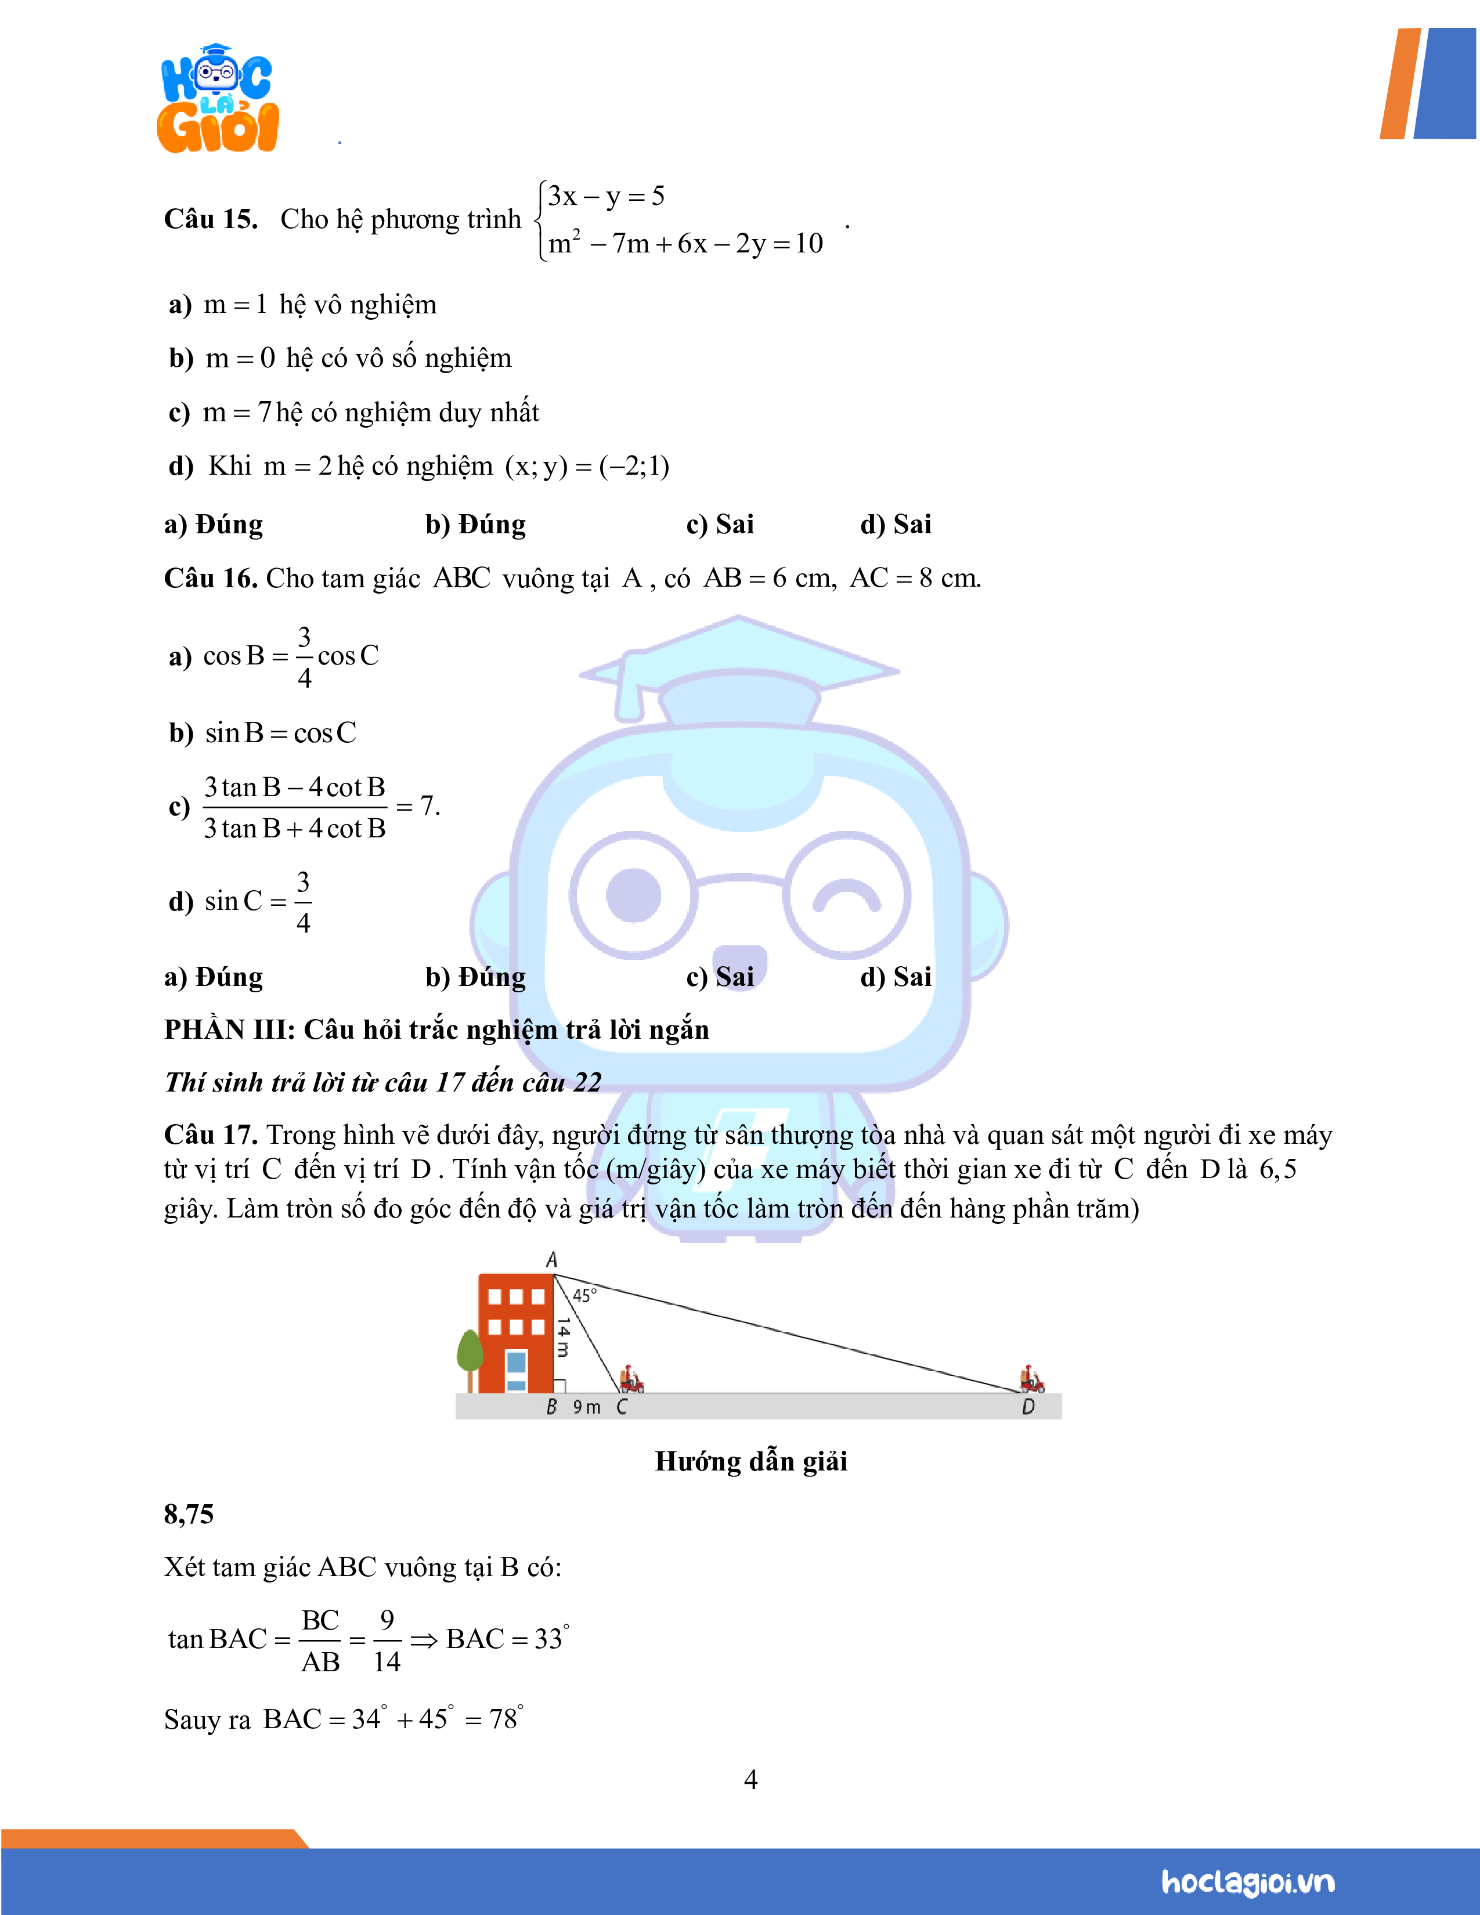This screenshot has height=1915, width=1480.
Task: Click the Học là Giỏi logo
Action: click(x=218, y=99)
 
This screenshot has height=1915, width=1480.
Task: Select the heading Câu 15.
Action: click(x=211, y=219)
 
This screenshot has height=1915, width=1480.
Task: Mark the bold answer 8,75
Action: click(x=189, y=1514)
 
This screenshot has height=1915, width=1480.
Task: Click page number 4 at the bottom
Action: click(x=750, y=1779)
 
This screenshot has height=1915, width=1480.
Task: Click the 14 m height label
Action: click(x=564, y=1336)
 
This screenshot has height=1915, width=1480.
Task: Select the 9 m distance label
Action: click(x=587, y=1407)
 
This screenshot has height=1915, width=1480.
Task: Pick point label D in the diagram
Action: click(x=1028, y=1407)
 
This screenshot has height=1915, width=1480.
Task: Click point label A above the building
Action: click(x=551, y=1260)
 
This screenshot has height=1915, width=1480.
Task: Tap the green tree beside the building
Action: click(x=470, y=1354)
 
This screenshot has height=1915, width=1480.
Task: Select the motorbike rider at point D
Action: click(x=1032, y=1379)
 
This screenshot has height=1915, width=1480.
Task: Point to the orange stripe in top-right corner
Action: click(x=1400, y=84)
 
